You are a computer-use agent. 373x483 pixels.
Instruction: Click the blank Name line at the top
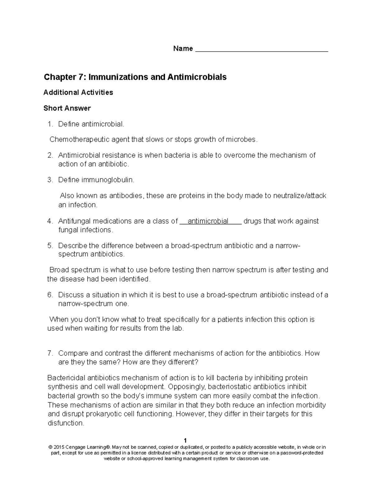pos(261,50)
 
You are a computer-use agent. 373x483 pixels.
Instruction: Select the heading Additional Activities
pos(78,92)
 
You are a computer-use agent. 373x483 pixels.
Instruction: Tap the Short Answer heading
pos(67,108)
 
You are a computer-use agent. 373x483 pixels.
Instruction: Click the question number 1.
pos(50,124)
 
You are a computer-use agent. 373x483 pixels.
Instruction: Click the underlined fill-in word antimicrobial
pos(208,221)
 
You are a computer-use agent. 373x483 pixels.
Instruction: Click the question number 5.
pos(50,246)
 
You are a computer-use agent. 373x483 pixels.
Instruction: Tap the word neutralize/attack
pos(300,196)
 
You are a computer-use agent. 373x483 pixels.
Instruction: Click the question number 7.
pos(50,353)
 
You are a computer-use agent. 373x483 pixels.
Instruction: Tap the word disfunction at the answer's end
pos(65,423)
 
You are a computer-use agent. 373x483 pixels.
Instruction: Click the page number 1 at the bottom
pos(185,440)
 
